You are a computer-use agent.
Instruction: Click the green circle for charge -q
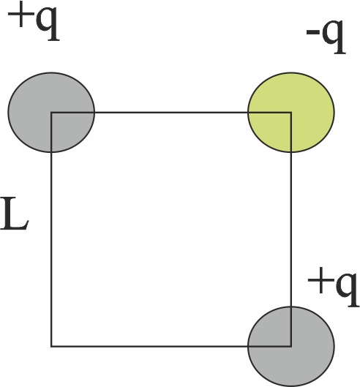click(x=291, y=113)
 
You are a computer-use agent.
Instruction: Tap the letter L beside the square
click(x=15, y=214)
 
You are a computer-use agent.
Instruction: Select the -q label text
click(x=326, y=36)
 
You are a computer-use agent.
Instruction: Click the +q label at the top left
click(x=34, y=21)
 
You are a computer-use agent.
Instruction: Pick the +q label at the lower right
click(x=334, y=287)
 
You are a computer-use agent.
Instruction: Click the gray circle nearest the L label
click(x=51, y=113)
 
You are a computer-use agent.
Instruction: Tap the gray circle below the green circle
click(x=291, y=346)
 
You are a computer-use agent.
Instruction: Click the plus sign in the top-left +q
click(x=21, y=15)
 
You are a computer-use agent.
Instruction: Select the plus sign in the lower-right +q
click(x=320, y=281)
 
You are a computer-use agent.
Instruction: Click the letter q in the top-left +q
click(x=48, y=24)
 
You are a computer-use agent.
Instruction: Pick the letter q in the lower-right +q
click(x=348, y=290)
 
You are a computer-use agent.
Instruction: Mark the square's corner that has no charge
click(x=51, y=346)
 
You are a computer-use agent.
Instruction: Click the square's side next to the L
click(x=51, y=229)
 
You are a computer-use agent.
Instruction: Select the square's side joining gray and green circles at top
click(x=171, y=113)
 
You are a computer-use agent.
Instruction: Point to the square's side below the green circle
click(x=291, y=229)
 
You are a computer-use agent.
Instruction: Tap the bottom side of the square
click(x=171, y=346)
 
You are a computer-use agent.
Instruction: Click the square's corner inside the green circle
click(x=291, y=113)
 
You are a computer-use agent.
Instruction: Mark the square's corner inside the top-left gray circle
click(x=51, y=113)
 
